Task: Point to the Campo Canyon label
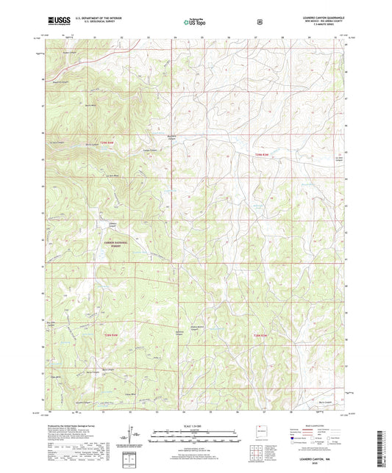tap(146, 151)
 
